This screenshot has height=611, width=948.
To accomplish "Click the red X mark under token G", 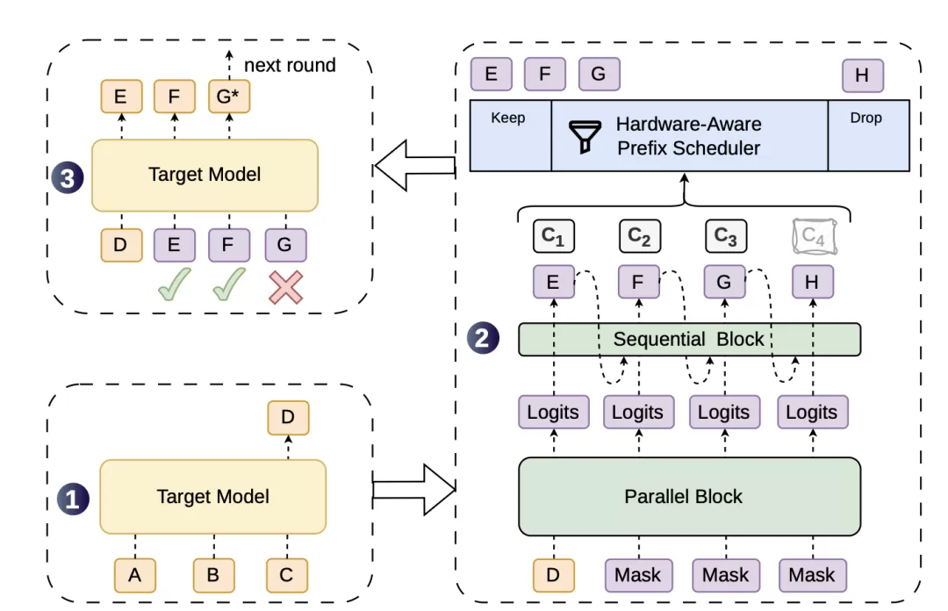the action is tap(285, 287).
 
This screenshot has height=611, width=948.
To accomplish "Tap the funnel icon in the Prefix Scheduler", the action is tap(585, 136).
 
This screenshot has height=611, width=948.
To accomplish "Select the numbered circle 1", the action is tap(73, 500).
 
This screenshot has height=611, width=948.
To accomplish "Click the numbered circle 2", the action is tap(483, 338).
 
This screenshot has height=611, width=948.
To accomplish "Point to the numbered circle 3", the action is tap(67, 178).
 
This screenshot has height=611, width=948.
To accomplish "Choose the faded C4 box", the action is tap(815, 236).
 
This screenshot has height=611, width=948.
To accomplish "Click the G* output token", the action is tap(229, 97).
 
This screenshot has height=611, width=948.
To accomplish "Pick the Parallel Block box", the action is tap(689, 497).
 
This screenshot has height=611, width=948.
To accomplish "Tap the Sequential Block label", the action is tap(689, 339).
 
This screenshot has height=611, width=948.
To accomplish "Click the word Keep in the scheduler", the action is tap(508, 118).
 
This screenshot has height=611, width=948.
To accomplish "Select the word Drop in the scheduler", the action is tap(865, 118).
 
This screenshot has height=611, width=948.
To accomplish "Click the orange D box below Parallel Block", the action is tap(553, 575).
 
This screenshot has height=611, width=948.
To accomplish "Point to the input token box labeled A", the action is tap(135, 575).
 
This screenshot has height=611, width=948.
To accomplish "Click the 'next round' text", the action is tap(290, 65).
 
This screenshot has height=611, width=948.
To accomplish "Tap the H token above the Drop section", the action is tap(863, 75).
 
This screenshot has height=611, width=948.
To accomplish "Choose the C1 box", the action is tap(554, 236).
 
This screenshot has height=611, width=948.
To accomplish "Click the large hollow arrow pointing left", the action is tap(414, 165).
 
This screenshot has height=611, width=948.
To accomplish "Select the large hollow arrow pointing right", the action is tap(414, 489).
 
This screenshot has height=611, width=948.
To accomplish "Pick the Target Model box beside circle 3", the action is tap(205, 176).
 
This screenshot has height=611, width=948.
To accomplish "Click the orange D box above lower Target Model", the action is tap(289, 417).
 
